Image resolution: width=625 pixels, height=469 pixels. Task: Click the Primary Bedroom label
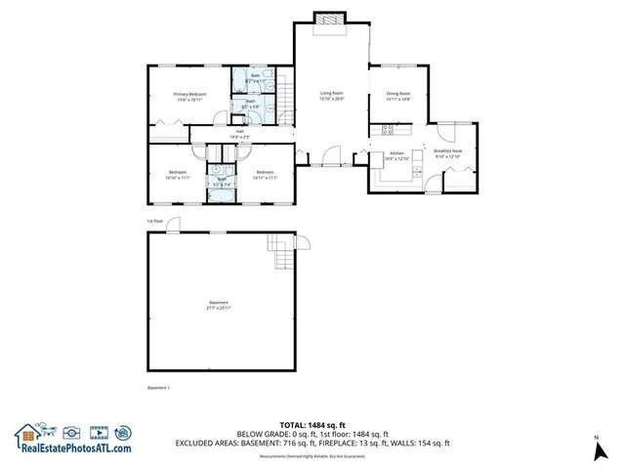[x=189, y=94]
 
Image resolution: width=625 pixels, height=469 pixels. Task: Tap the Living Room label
[x=332, y=94]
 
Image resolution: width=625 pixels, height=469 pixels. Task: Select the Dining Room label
[x=397, y=94]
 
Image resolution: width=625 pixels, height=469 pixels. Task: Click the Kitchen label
[x=396, y=154]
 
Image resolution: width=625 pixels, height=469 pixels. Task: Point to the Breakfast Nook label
[x=447, y=151]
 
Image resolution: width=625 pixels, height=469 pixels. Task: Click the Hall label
[x=240, y=131]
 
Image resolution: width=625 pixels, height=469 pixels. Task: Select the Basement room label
[x=218, y=303]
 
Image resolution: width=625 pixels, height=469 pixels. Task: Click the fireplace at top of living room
[x=331, y=19]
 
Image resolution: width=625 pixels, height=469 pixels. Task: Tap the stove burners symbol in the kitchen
[x=387, y=128]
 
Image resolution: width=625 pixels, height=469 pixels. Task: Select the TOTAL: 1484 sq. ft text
[x=312, y=425]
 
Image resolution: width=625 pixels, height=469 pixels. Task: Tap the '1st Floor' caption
[x=154, y=221]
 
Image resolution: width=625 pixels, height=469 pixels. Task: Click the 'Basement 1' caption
[x=158, y=388]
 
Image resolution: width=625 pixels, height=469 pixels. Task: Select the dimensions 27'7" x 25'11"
[x=218, y=309]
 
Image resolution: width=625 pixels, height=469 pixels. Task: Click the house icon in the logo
[x=27, y=432]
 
